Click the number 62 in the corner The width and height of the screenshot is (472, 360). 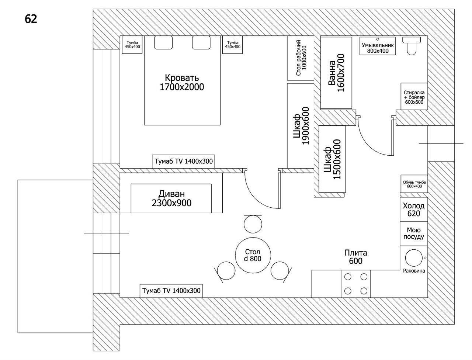click(31, 19)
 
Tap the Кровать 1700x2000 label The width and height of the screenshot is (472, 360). click(182, 83)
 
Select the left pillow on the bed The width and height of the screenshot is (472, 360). click(163, 42)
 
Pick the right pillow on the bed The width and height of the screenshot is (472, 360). click(201, 42)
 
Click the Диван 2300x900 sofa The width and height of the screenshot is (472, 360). click(171, 198)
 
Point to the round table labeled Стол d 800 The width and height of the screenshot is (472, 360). click(253, 255)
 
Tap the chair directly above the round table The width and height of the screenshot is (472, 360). click(253, 224)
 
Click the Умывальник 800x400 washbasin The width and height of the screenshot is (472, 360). click(378, 46)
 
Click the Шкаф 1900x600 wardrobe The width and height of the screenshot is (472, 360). click(301, 126)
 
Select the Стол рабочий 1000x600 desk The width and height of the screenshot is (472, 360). click(300, 58)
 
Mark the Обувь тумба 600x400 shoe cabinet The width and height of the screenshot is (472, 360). click(414, 184)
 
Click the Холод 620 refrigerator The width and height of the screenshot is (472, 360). click(414, 209)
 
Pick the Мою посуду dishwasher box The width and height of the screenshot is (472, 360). click(414, 233)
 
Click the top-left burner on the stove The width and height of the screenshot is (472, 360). click(348, 277)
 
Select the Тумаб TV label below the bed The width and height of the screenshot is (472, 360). click(183, 161)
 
